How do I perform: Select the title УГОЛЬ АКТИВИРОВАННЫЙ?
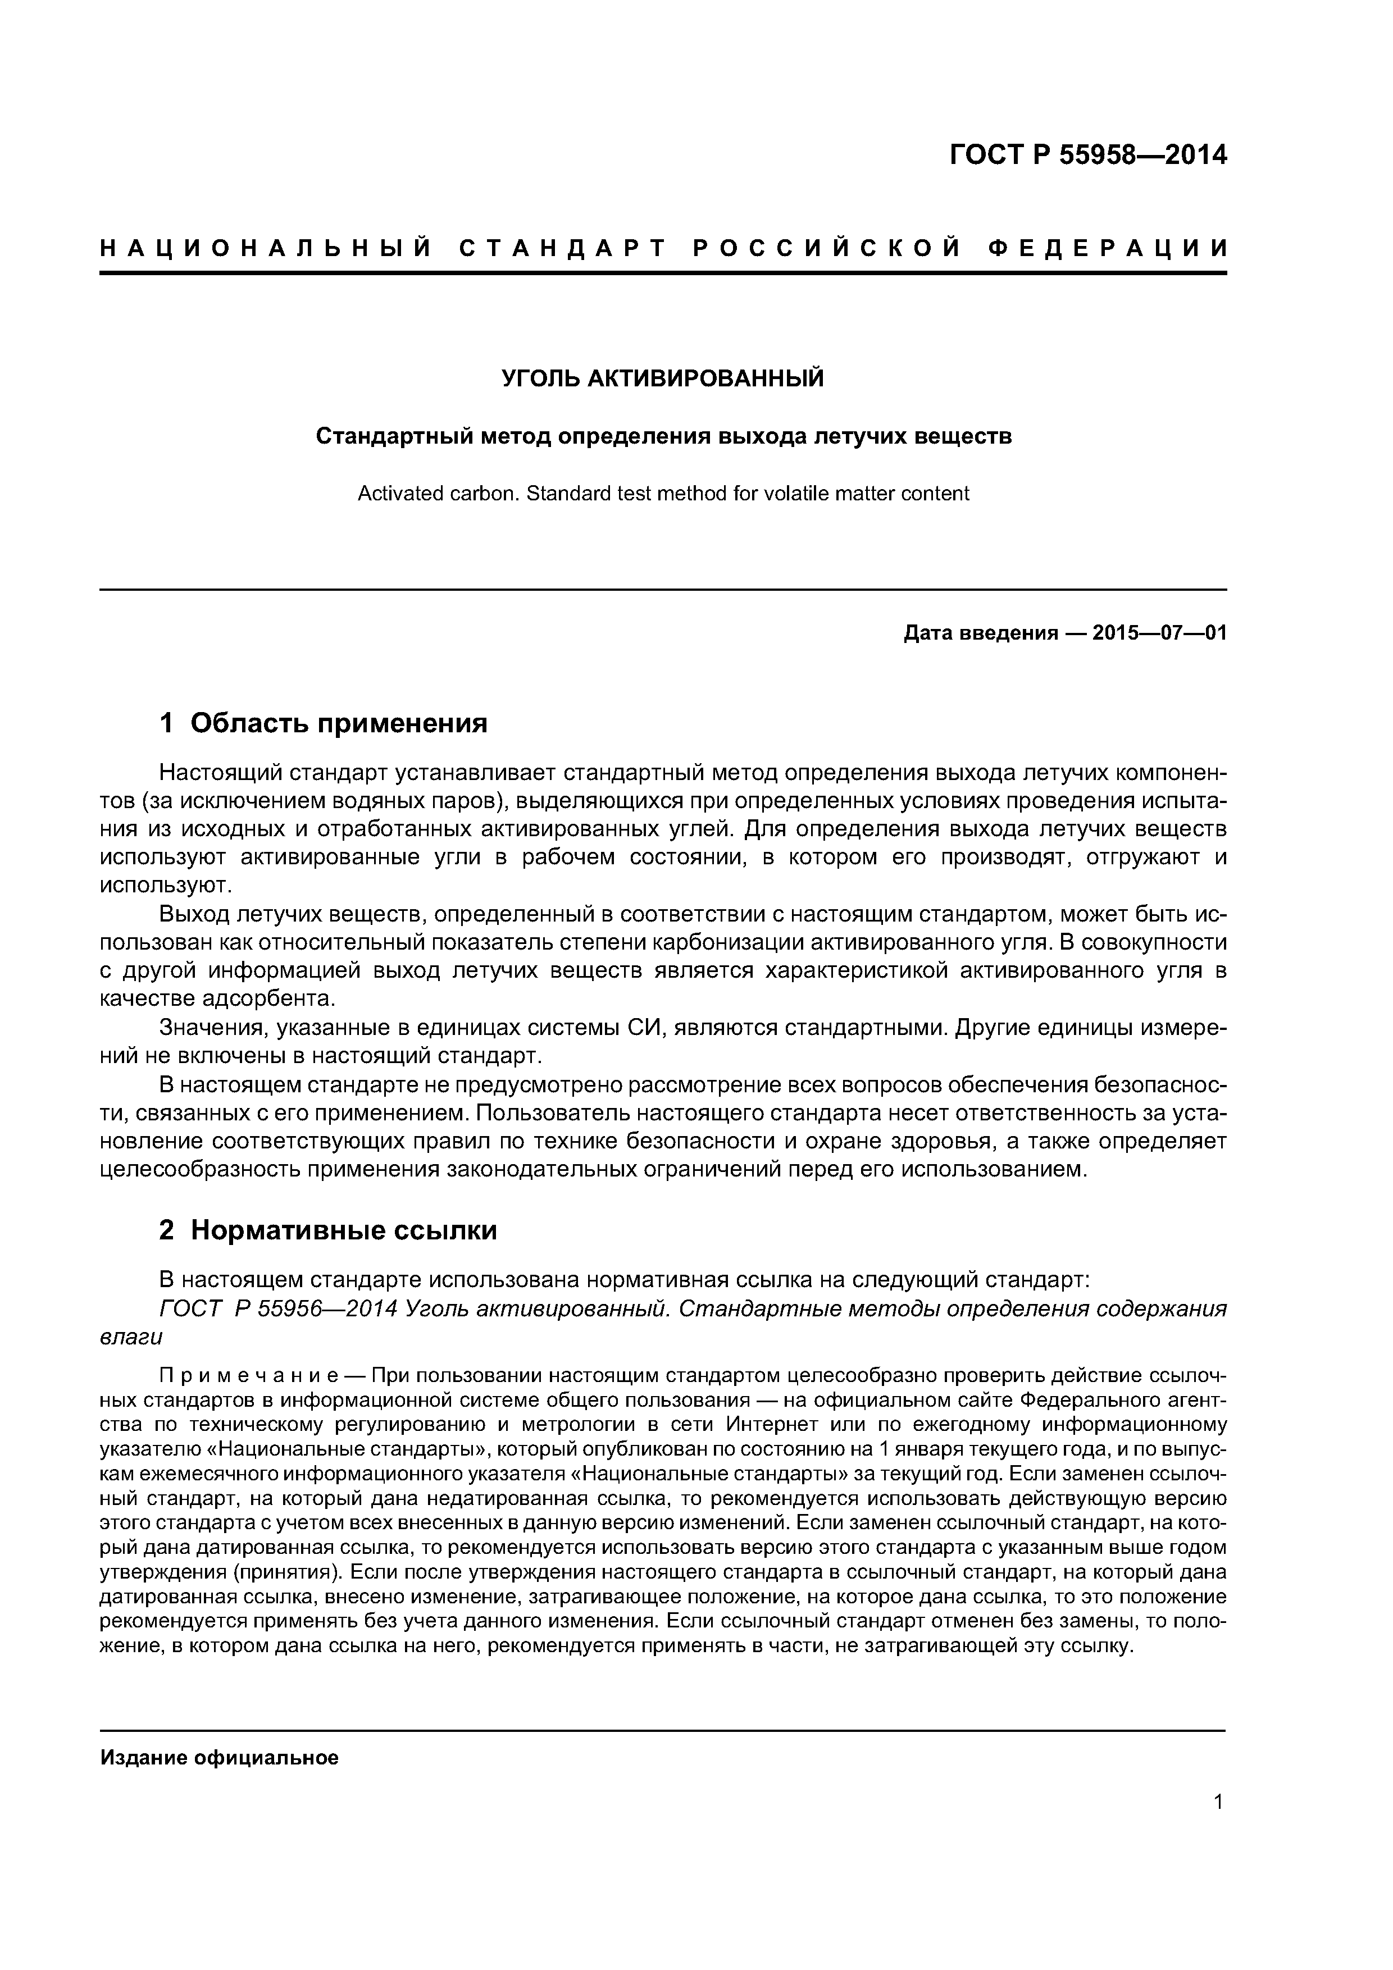pos(663,379)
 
